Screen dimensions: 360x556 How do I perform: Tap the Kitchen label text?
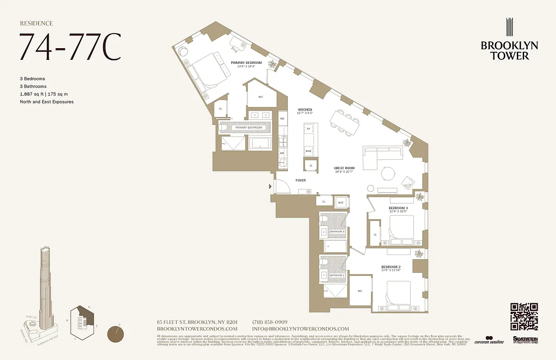tap(305, 110)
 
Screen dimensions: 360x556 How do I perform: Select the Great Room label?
tap(344, 168)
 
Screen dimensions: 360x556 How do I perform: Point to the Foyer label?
tap(300, 180)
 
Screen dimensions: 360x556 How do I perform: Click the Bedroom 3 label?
tap(398, 208)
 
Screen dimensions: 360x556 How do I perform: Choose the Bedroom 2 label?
tap(391, 267)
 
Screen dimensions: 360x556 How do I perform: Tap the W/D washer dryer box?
tap(341, 202)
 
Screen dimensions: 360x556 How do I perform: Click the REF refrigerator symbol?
tap(282, 118)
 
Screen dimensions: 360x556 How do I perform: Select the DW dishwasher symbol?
tap(282, 153)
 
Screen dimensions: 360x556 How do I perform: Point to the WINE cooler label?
tap(309, 151)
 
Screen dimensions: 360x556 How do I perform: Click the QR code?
tap(524, 317)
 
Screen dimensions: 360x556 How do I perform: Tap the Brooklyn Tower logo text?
tap(509, 50)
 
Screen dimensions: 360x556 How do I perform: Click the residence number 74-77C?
tap(70, 47)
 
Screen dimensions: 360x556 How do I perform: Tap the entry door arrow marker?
tap(270, 186)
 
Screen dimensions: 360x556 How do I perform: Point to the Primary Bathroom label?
tap(248, 128)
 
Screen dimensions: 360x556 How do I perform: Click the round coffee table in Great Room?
tap(388, 174)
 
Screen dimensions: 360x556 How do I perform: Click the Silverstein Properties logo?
tap(525, 340)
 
